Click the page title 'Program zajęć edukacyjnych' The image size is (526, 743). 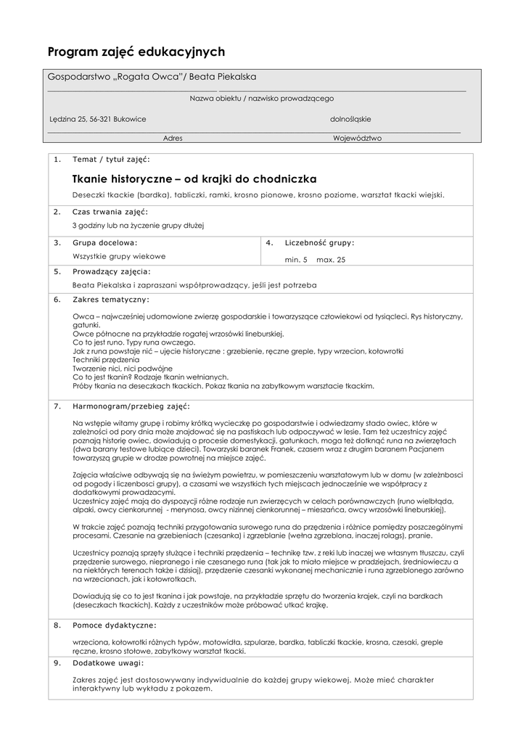tap(136, 52)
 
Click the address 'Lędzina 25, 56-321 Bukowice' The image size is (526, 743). tap(97, 119)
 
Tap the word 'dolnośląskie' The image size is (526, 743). tap(350, 119)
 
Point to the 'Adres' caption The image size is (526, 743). tap(173, 138)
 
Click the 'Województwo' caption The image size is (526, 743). tap(357, 138)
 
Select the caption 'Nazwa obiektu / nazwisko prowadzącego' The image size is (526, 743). tap(262, 98)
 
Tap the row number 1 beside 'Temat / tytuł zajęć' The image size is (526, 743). tap(57, 159)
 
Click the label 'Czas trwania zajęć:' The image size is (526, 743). tap(110, 212)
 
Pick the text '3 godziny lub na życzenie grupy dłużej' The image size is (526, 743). tap(139, 226)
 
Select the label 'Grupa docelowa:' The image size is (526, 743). tap(104, 242)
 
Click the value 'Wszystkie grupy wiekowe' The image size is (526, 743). tap(119, 256)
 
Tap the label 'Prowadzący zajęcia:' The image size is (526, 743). tap(112, 271)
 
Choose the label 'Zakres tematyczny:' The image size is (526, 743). tap(111, 299)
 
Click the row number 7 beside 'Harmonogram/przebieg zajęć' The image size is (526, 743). tap(57, 406)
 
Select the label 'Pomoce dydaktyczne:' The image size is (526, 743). tap(114, 624)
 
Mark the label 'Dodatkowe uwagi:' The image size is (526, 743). tap(108, 662)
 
